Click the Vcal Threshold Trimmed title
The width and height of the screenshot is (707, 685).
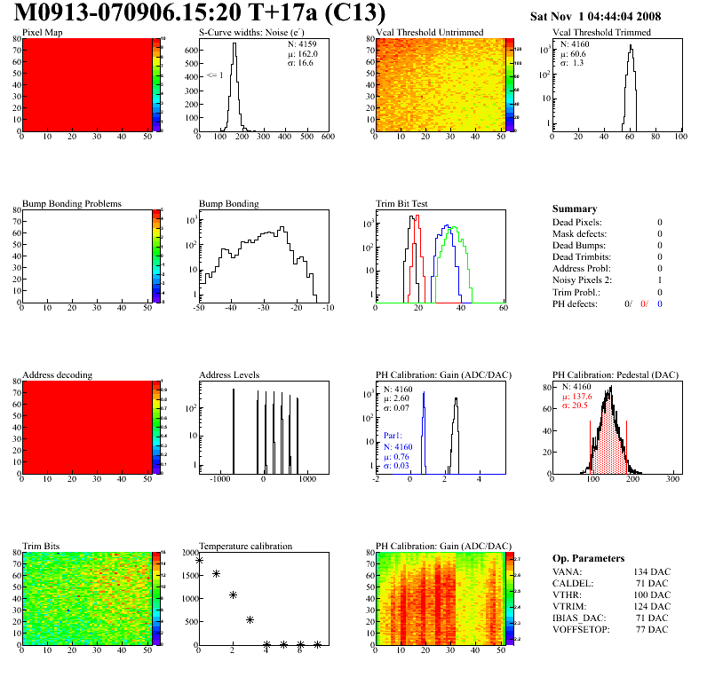pos(601,33)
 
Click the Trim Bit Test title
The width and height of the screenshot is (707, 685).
pos(401,204)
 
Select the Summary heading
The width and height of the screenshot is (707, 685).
pos(575,209)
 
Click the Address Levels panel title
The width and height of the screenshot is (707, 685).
pos(229,375)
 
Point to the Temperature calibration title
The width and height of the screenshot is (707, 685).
pos(245,547)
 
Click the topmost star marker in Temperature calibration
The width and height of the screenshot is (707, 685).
pos(199,560)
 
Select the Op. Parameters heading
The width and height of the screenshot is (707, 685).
pos(588,558)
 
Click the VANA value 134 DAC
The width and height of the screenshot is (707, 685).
pos(650,572)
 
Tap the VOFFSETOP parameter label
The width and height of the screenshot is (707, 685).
pos(583,630)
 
